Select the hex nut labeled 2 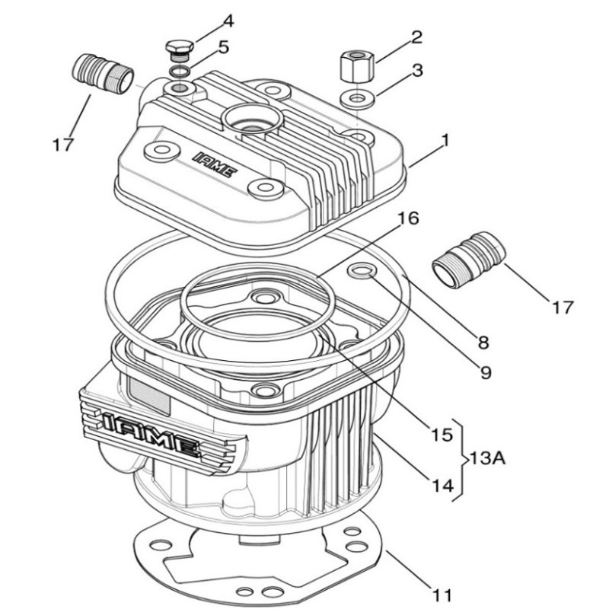point(356,65)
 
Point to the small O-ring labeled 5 point(180,71)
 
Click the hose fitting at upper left point(104,73)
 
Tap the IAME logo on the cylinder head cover point(215,164)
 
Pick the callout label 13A point(487,458)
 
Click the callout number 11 point(442,595)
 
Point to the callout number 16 point(408,218)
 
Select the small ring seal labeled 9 point(362,270)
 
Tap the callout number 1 point(445,140)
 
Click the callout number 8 point(483,343)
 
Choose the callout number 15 point(442,435)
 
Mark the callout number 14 point(443,486)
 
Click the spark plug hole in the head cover point(252,119)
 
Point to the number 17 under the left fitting point(63,145)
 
